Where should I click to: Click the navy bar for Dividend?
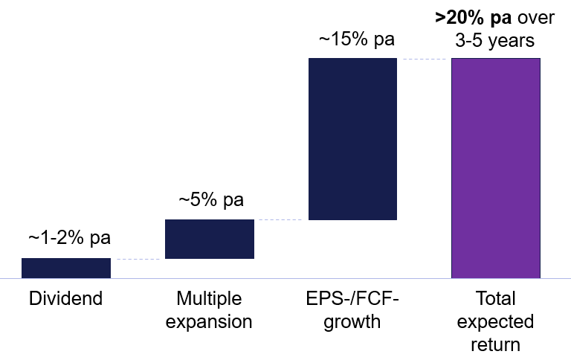coord(66,268)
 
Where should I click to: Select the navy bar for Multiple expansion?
coord(210,239)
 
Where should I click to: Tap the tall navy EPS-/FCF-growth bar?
coord(352,139)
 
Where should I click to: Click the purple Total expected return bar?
coord(496,167)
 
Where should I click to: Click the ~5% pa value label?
coord(210,200)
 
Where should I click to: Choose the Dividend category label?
coord(65,300)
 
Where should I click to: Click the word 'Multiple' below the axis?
coord(210,299)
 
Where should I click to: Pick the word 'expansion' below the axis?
coord(210,322)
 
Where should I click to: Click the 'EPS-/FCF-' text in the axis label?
coord(352,299)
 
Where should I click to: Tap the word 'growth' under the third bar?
coord(352,322)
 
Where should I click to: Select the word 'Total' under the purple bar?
coord(496,299)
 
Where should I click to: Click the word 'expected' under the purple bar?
coord(496,322)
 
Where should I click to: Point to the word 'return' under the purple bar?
coord(496,345)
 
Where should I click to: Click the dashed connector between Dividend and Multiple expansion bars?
coord(138,259)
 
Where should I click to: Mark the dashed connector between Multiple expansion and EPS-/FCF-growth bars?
coord(281,219)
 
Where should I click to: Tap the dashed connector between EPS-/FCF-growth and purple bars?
coord(424,58)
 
